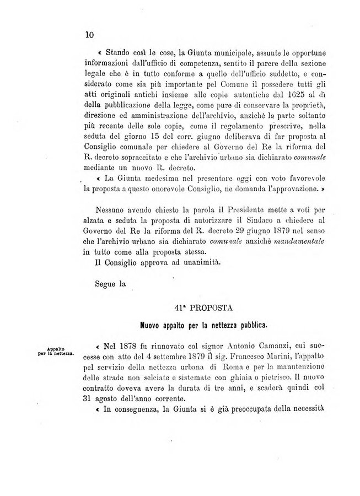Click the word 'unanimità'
click(201, 262)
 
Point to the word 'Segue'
click(104, 284)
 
